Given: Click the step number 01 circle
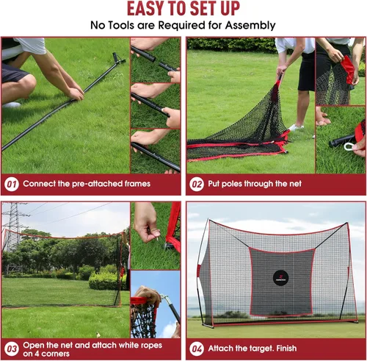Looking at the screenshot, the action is coord(12,185).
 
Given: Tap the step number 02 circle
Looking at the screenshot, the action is coord(197,185).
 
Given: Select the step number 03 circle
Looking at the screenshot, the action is coord(12,349).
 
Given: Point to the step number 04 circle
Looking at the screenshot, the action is coord(197,349).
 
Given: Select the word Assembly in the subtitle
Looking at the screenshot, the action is coord(250,26).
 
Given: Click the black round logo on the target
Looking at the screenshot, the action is coord(280,278).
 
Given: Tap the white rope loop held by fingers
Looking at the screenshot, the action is coord(349,146).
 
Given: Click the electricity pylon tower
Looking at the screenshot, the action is coord(13,226).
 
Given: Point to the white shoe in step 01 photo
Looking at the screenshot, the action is coord(11,105).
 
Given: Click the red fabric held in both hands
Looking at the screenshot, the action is coord(347,68).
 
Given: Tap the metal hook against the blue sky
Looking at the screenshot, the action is coord(164,299).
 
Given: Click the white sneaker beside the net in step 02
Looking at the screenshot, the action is coord(296,127).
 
